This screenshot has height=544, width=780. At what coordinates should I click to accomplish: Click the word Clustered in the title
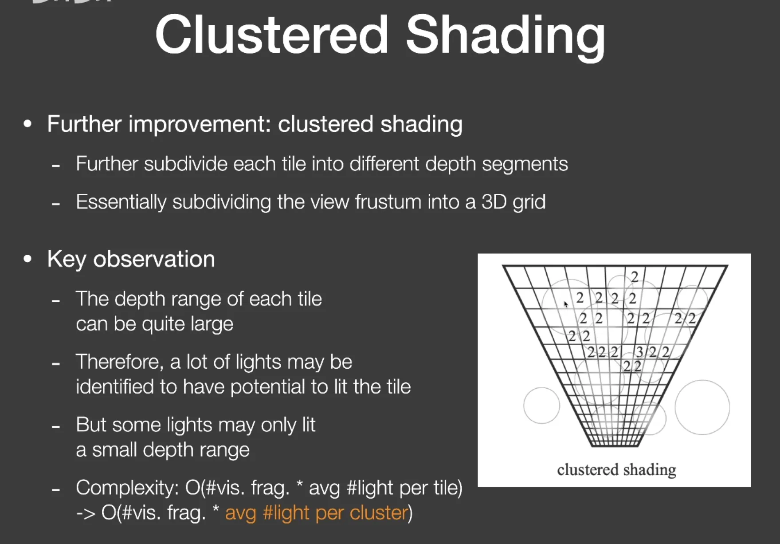(x=272, y=35)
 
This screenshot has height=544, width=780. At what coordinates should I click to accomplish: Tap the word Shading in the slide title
(x=506, y=38)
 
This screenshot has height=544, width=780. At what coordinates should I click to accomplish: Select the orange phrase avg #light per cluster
(x=317, y=513)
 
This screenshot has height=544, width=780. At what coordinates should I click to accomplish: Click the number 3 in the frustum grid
(x=639, y=352)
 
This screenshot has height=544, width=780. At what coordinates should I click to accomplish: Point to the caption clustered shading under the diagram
(x=616, y=470)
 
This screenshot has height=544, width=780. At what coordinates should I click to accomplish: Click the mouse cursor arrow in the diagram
(x=566, y=304)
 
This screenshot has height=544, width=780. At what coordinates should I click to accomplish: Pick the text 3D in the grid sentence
(x=494, y=202)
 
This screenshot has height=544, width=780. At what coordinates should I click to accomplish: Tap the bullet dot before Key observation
(x=27, y=259)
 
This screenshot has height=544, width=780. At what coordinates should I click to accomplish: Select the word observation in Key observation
(x=154, y=259)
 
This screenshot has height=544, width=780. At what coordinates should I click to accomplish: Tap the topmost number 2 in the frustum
(x=635, y=277)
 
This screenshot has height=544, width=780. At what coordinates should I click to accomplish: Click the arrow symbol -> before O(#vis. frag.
(x=86, y=514)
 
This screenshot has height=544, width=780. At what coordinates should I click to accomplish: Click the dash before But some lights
(x=55, y=427)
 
